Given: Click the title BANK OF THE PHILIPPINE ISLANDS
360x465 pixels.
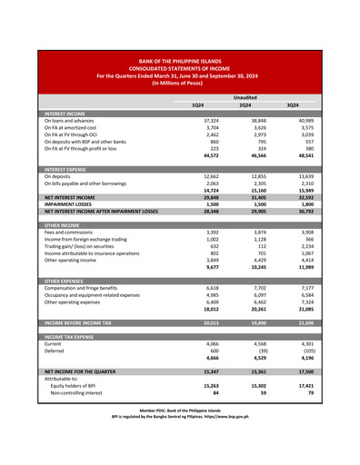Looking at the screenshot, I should point(179,57).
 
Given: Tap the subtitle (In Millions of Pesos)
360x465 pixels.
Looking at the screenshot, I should point(179,82).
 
